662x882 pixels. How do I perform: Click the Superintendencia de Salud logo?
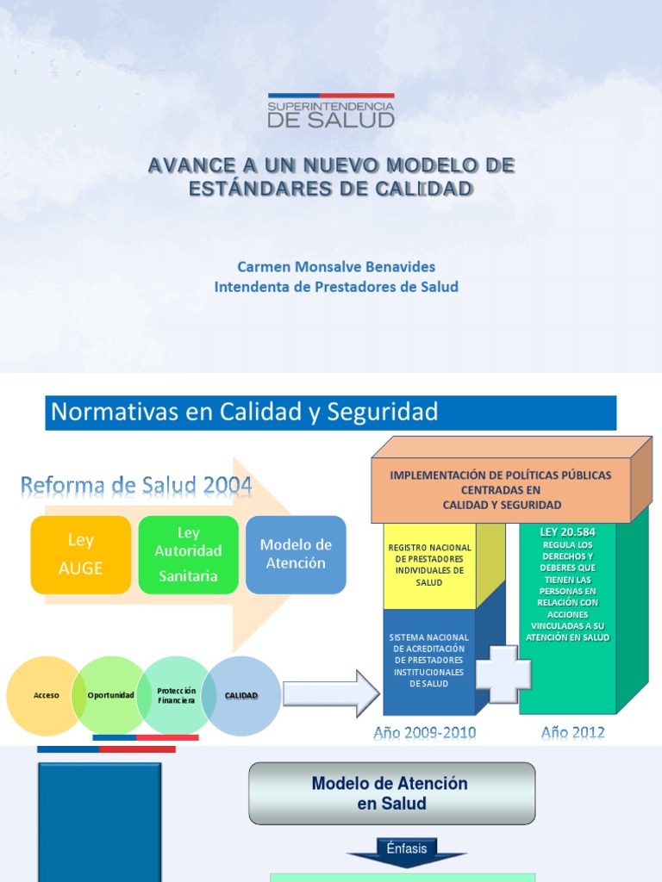(x=331, y=111)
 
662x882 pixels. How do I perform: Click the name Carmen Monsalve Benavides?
(x=336, y=266)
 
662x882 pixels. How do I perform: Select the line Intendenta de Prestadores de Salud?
(x=336, y=287)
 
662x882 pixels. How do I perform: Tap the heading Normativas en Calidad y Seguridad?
(x=245, y=413)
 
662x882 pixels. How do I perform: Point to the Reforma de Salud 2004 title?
(x=136, y=486)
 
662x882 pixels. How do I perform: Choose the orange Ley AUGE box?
(x=80, y=555)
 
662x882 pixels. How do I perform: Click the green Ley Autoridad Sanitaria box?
(x=188, y=555)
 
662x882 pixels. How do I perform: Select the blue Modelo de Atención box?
(x=296, y=554)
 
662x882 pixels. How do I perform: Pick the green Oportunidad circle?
(x=110, y=695)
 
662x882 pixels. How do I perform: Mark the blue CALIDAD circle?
(x=242, y=695)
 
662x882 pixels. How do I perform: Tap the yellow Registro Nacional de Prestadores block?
(x=429, y=565)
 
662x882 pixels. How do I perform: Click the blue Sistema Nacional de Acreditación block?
(x=428, y=661)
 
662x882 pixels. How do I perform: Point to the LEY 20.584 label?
(x=567, y=532)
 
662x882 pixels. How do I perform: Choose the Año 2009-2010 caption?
(x=425, y=733)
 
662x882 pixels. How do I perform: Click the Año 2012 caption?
(x=573, y=733)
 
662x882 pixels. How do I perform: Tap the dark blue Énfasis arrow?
(x=407, y=851)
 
